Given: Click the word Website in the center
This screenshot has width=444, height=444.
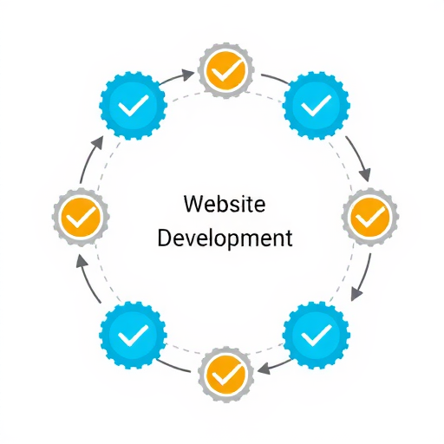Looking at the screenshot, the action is [225, 204].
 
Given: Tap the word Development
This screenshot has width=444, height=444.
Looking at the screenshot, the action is [225, 238].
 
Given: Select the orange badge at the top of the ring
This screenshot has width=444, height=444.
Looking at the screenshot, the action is [225, 70].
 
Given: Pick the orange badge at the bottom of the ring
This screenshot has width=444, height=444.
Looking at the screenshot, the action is [226, 374].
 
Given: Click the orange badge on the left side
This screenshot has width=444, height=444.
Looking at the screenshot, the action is [81, 217].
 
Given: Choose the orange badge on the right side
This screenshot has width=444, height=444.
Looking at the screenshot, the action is [370, 217].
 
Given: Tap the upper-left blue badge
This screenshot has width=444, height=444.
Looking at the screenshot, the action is [133, 106].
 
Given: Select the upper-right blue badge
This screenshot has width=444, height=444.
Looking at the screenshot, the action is [316, 106].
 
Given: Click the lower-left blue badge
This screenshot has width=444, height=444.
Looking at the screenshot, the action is [133, 335].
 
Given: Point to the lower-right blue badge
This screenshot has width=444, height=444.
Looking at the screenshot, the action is [316, 335].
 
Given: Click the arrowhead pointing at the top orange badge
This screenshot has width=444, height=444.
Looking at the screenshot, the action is [189, 75].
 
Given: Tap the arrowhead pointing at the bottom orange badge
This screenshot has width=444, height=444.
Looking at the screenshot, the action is [264, 369].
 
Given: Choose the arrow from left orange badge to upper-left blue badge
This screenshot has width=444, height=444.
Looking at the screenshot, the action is [88, 160].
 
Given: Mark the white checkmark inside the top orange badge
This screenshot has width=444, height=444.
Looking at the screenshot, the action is [227, 70].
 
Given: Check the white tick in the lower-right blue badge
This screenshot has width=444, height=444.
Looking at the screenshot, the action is [317, 336].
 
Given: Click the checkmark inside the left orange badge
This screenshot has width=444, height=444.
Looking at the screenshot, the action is [81, 218].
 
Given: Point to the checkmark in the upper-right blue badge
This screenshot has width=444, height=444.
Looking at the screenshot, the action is [317, 106].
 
